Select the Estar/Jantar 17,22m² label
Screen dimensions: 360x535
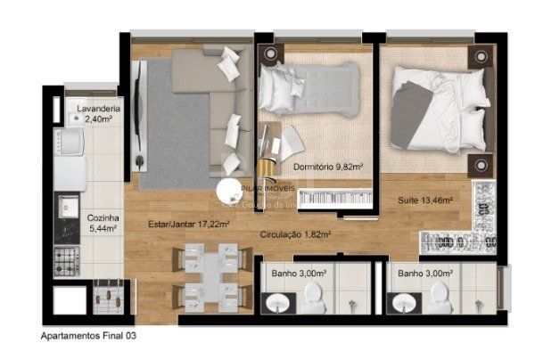pos(189,225)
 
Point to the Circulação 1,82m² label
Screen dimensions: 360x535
pos(295,235)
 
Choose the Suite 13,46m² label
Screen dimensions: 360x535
pos(424,200)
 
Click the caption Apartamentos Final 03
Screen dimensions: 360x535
pos(88,337)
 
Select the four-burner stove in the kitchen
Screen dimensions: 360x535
pos(68,260)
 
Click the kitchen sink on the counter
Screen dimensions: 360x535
pos(68,206)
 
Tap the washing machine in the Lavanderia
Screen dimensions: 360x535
pos(68,142)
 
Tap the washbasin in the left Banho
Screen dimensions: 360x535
pos(278,304)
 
